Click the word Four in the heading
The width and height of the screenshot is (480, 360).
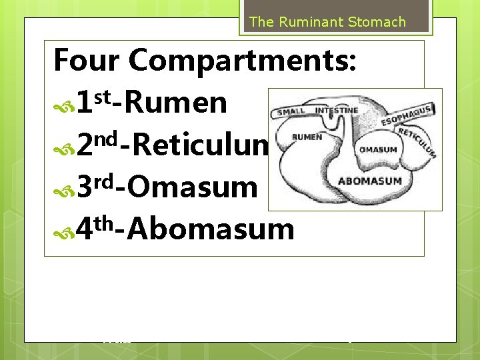click(x=86, y=60)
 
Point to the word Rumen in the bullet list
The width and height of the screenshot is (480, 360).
click(x=175, y=103)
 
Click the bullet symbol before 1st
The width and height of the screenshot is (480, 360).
click(x=64, y=105)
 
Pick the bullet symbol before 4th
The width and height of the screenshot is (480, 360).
click(x=64, y=231)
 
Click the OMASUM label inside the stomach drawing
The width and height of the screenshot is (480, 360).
click(x=378, y=149)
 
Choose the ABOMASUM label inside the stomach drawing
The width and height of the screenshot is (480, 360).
click(x=370, y=181)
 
